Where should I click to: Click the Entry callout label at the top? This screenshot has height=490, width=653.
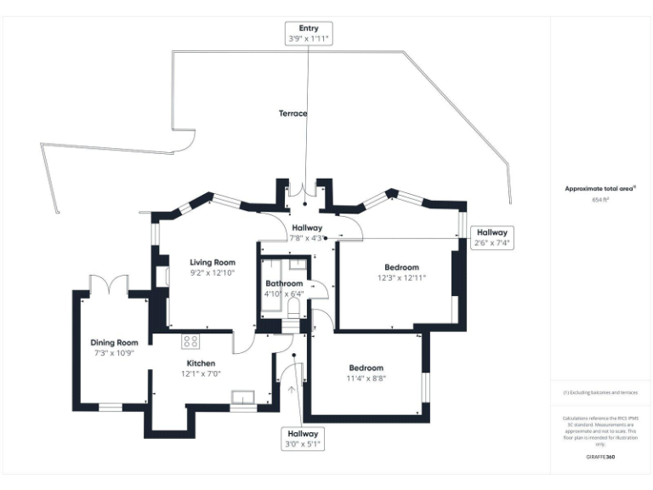point(308,34)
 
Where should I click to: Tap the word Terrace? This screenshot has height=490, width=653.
point(292,113)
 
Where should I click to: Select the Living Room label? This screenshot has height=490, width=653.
point(212,262)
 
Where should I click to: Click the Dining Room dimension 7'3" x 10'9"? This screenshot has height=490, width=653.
point(114,352)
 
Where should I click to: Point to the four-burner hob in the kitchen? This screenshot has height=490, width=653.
point(190,341)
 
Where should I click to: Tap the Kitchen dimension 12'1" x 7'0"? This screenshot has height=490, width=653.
point(202,373)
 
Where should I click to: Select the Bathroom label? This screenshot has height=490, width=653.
point(283,283)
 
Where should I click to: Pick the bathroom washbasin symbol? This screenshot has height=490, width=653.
point(298,265)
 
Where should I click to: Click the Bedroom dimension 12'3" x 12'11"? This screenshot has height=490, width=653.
point(401,277)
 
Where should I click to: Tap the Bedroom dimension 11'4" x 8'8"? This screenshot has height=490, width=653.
point(366,379)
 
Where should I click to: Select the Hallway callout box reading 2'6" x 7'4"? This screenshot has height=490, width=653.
point(491,237)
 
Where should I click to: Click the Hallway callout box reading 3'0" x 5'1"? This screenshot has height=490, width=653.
point(302,439)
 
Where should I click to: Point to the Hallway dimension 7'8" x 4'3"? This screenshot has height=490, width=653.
point(306,238)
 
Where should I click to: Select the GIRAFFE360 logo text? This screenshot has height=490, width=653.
point(601,458)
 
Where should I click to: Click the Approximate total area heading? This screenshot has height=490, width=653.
point(601,189)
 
